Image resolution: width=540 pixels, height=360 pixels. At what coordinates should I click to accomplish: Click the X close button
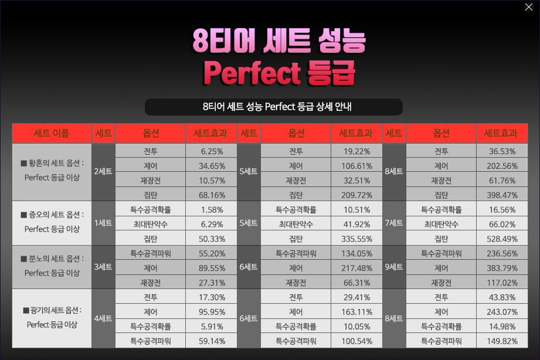(529, 7)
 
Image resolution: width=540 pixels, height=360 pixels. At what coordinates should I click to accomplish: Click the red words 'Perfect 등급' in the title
(279, 73)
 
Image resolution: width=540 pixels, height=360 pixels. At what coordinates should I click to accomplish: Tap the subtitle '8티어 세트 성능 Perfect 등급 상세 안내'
(277, 107)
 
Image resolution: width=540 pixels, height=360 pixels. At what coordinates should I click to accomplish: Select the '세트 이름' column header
(52, 133)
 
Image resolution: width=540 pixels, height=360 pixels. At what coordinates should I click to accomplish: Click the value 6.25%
(212, 151)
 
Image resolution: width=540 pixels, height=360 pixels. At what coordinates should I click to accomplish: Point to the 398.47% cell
(502, 195)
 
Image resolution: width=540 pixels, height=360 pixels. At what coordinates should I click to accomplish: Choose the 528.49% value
(502, 239)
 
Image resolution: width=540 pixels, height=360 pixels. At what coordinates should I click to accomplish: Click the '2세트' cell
(103, 171)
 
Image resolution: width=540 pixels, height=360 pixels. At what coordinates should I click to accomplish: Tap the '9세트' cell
(394, 267)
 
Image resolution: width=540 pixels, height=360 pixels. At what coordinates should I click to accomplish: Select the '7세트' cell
(394, 223)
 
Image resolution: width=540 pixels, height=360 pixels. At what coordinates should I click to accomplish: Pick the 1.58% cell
(212, 210)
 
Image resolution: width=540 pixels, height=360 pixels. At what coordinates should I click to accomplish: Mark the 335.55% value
(357, 239)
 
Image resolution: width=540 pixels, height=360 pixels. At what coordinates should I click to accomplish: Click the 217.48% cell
(357, 269)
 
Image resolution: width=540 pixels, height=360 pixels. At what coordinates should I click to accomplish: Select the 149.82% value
(502, 341)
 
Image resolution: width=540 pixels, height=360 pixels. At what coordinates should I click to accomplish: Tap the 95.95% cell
(212, 312)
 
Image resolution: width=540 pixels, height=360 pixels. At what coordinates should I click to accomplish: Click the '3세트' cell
(103, 267)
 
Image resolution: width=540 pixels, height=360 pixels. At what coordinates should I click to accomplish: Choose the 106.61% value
(357, 166)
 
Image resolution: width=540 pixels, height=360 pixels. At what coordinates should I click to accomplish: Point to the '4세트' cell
(103, 318)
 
